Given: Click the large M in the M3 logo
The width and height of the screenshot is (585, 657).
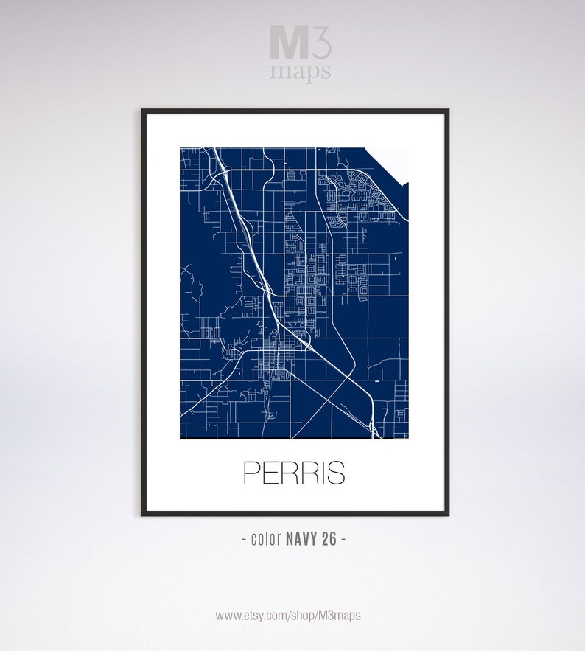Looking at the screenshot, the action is [x=284, y=43].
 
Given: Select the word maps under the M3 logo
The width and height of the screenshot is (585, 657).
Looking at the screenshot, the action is [x=300, y=72].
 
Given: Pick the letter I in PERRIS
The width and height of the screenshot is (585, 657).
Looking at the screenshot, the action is [x=318, y=473].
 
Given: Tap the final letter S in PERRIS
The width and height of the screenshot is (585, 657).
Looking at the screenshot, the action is [x=334, y=473].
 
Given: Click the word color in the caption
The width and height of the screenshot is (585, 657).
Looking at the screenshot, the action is [x=265, y=539].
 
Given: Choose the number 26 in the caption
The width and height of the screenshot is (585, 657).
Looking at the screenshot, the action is [x=329, y=539].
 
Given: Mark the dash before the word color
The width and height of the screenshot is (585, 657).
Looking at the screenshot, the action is [x=244, y=539].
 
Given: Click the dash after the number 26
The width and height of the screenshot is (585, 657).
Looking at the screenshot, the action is [x=343, y=539].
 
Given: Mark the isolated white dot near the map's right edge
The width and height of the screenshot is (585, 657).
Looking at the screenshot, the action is [x=396, y=260].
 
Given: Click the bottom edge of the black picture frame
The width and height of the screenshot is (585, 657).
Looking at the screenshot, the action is [x=295, y=512].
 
